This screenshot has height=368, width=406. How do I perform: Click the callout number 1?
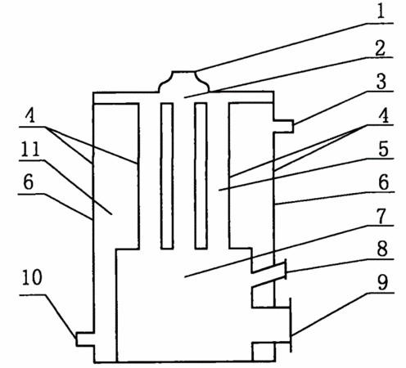coord(381,11)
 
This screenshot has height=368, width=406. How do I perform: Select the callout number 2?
coord(381,48)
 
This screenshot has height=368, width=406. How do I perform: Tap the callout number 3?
coord(381,81)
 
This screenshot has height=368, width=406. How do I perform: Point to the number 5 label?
coord(383,149)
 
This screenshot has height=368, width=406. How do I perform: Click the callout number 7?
coord(381,216)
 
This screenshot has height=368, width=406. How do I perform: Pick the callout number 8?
coord(382,249)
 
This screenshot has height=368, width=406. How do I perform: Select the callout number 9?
coord(382,282)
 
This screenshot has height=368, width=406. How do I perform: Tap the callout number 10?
coord(32,277)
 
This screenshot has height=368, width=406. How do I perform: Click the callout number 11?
coord(30,149)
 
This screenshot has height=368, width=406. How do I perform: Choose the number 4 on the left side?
coord(30,115)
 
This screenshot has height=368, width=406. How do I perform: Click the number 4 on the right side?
coord(384,115)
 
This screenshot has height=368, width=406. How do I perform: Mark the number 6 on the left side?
coord(29,182)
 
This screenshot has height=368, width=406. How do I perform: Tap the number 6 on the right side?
coord(384,182)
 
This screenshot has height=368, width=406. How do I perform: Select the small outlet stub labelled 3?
coord(284,126)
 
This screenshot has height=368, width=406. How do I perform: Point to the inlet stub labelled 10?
coord(85,339)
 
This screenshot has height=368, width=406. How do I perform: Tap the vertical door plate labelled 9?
coord(291,325)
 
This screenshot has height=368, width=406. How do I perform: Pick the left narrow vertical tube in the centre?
coord(167,176)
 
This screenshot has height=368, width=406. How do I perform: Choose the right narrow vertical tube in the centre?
coord(201,176)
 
